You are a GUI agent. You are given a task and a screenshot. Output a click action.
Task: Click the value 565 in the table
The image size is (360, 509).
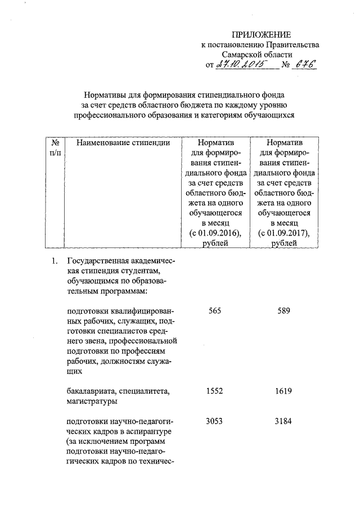click(214, 312)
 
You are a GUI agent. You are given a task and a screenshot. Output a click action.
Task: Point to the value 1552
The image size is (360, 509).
click(214, 390)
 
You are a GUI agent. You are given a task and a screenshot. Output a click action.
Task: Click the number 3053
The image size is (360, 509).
click(214, 422)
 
